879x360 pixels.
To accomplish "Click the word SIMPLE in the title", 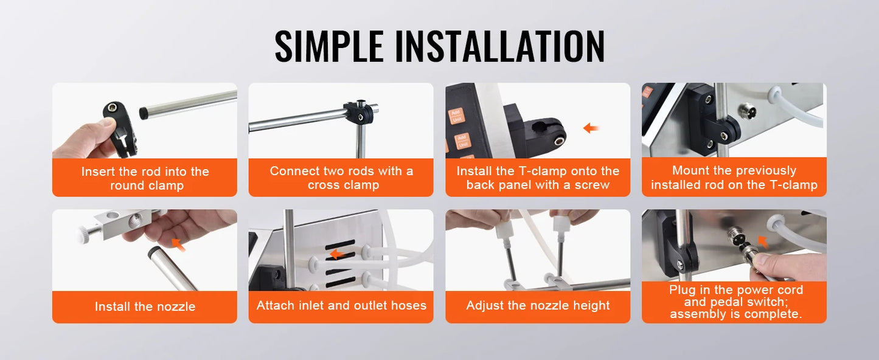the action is click(x=329, y=46).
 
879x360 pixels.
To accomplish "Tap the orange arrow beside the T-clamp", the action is click(x=591, y=128).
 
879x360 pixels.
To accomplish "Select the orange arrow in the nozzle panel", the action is click(x=179, y=244).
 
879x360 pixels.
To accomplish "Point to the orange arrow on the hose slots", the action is click(x=338, y=254).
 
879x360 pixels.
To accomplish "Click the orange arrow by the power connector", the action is click(x=762, y=241).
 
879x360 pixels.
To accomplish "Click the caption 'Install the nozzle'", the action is click(x=145, y=306).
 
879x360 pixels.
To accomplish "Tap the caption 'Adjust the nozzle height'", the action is click(x=538, y=305).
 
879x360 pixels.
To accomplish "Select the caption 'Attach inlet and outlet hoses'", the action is click(x=341, y=305).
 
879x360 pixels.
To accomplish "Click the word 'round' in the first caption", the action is click(x=127, y=185).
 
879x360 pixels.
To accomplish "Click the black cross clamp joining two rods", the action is click(x=359, y=112).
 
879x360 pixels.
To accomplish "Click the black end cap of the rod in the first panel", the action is click(x=144, y=113).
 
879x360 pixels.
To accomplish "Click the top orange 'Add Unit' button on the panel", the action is click(x=456, y=116).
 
